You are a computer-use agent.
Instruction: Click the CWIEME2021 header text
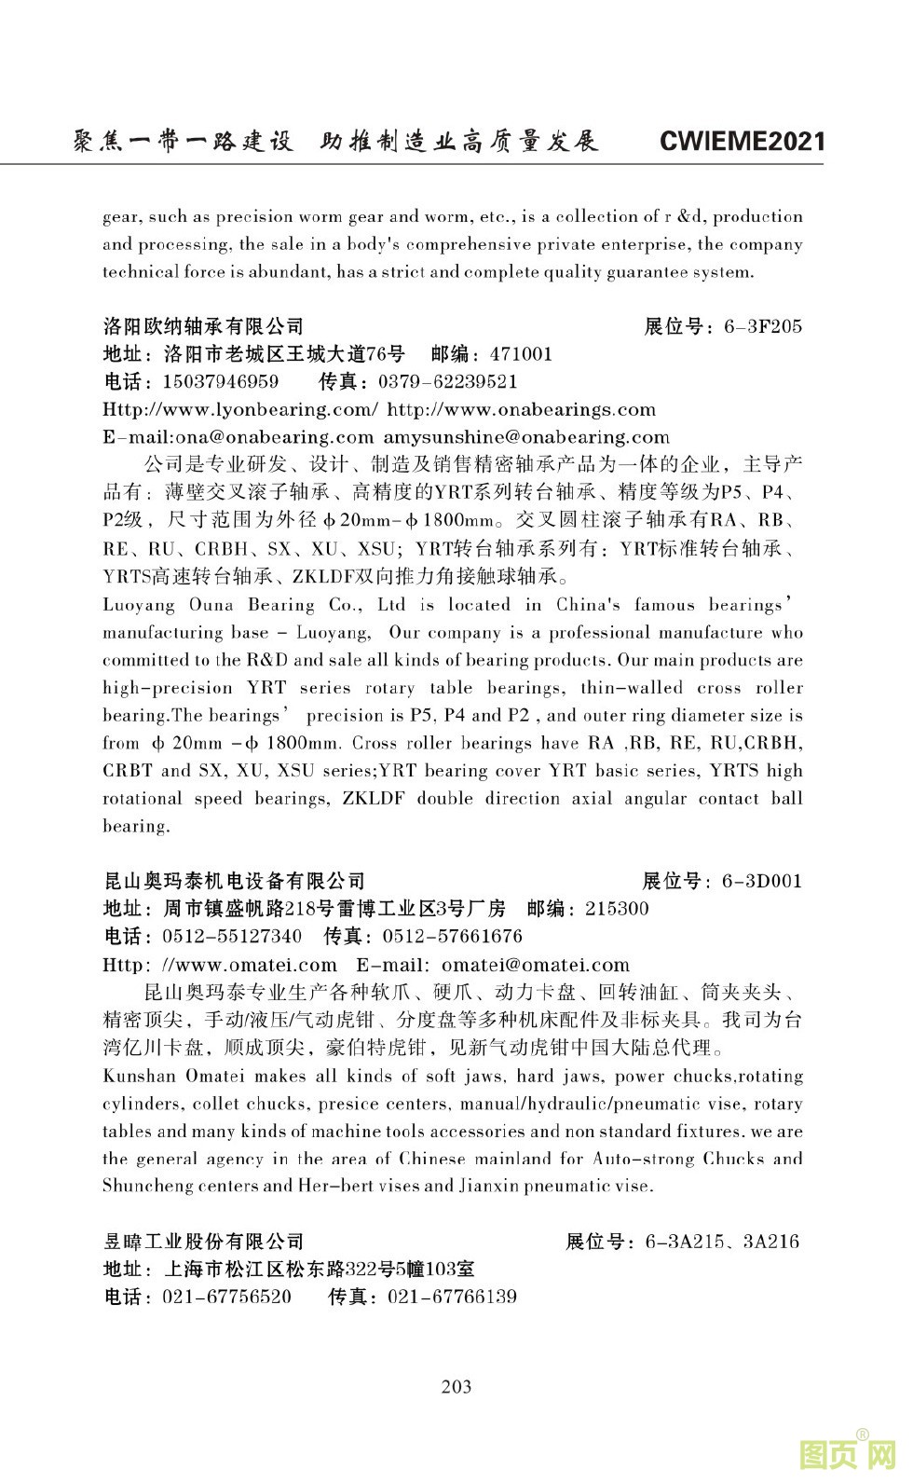[742, 142]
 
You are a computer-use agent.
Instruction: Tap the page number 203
[456, 1386]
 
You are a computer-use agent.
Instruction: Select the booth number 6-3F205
[762, 326]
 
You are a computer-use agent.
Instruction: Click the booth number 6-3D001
[761, 881]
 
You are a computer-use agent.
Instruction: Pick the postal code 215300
[617, 909]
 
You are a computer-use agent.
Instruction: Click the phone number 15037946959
[221, 382]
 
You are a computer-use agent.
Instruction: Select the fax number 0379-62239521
[447, 382]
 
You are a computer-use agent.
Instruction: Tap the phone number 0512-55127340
[232, 936]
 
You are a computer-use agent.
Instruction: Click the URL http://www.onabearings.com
[521, 409]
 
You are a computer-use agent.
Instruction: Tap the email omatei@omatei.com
[536, 965]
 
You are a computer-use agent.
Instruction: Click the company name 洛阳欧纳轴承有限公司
[203, 326]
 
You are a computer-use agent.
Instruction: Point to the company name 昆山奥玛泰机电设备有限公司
[234, 881]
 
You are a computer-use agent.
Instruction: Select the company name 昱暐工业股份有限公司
[203, 1242]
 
